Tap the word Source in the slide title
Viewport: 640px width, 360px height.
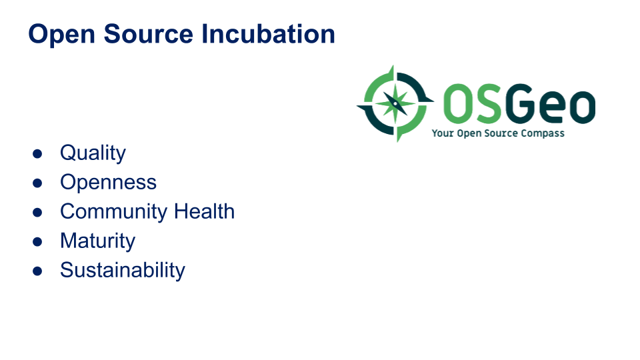(148, 34)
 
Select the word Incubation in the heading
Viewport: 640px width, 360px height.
(268, 34)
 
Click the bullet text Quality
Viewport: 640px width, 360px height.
(93, 153)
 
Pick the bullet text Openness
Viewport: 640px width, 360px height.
(108, 183)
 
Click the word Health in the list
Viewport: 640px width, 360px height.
(204, 211)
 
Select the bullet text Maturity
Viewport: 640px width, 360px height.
(97, 241)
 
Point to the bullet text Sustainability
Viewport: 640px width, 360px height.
(123, 271)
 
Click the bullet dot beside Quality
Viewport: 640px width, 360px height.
(37, 154)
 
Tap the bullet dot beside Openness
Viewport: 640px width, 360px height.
(37, 183)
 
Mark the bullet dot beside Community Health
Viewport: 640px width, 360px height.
(37, 213)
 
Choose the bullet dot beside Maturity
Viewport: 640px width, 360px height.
(37, 242)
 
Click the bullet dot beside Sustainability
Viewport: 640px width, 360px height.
(37, 271)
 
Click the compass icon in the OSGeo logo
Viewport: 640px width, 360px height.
(395, 104)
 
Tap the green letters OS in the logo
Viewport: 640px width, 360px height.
(472, 104)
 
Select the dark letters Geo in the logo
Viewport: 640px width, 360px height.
(551, 104)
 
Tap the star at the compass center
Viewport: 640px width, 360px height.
(395, 104)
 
